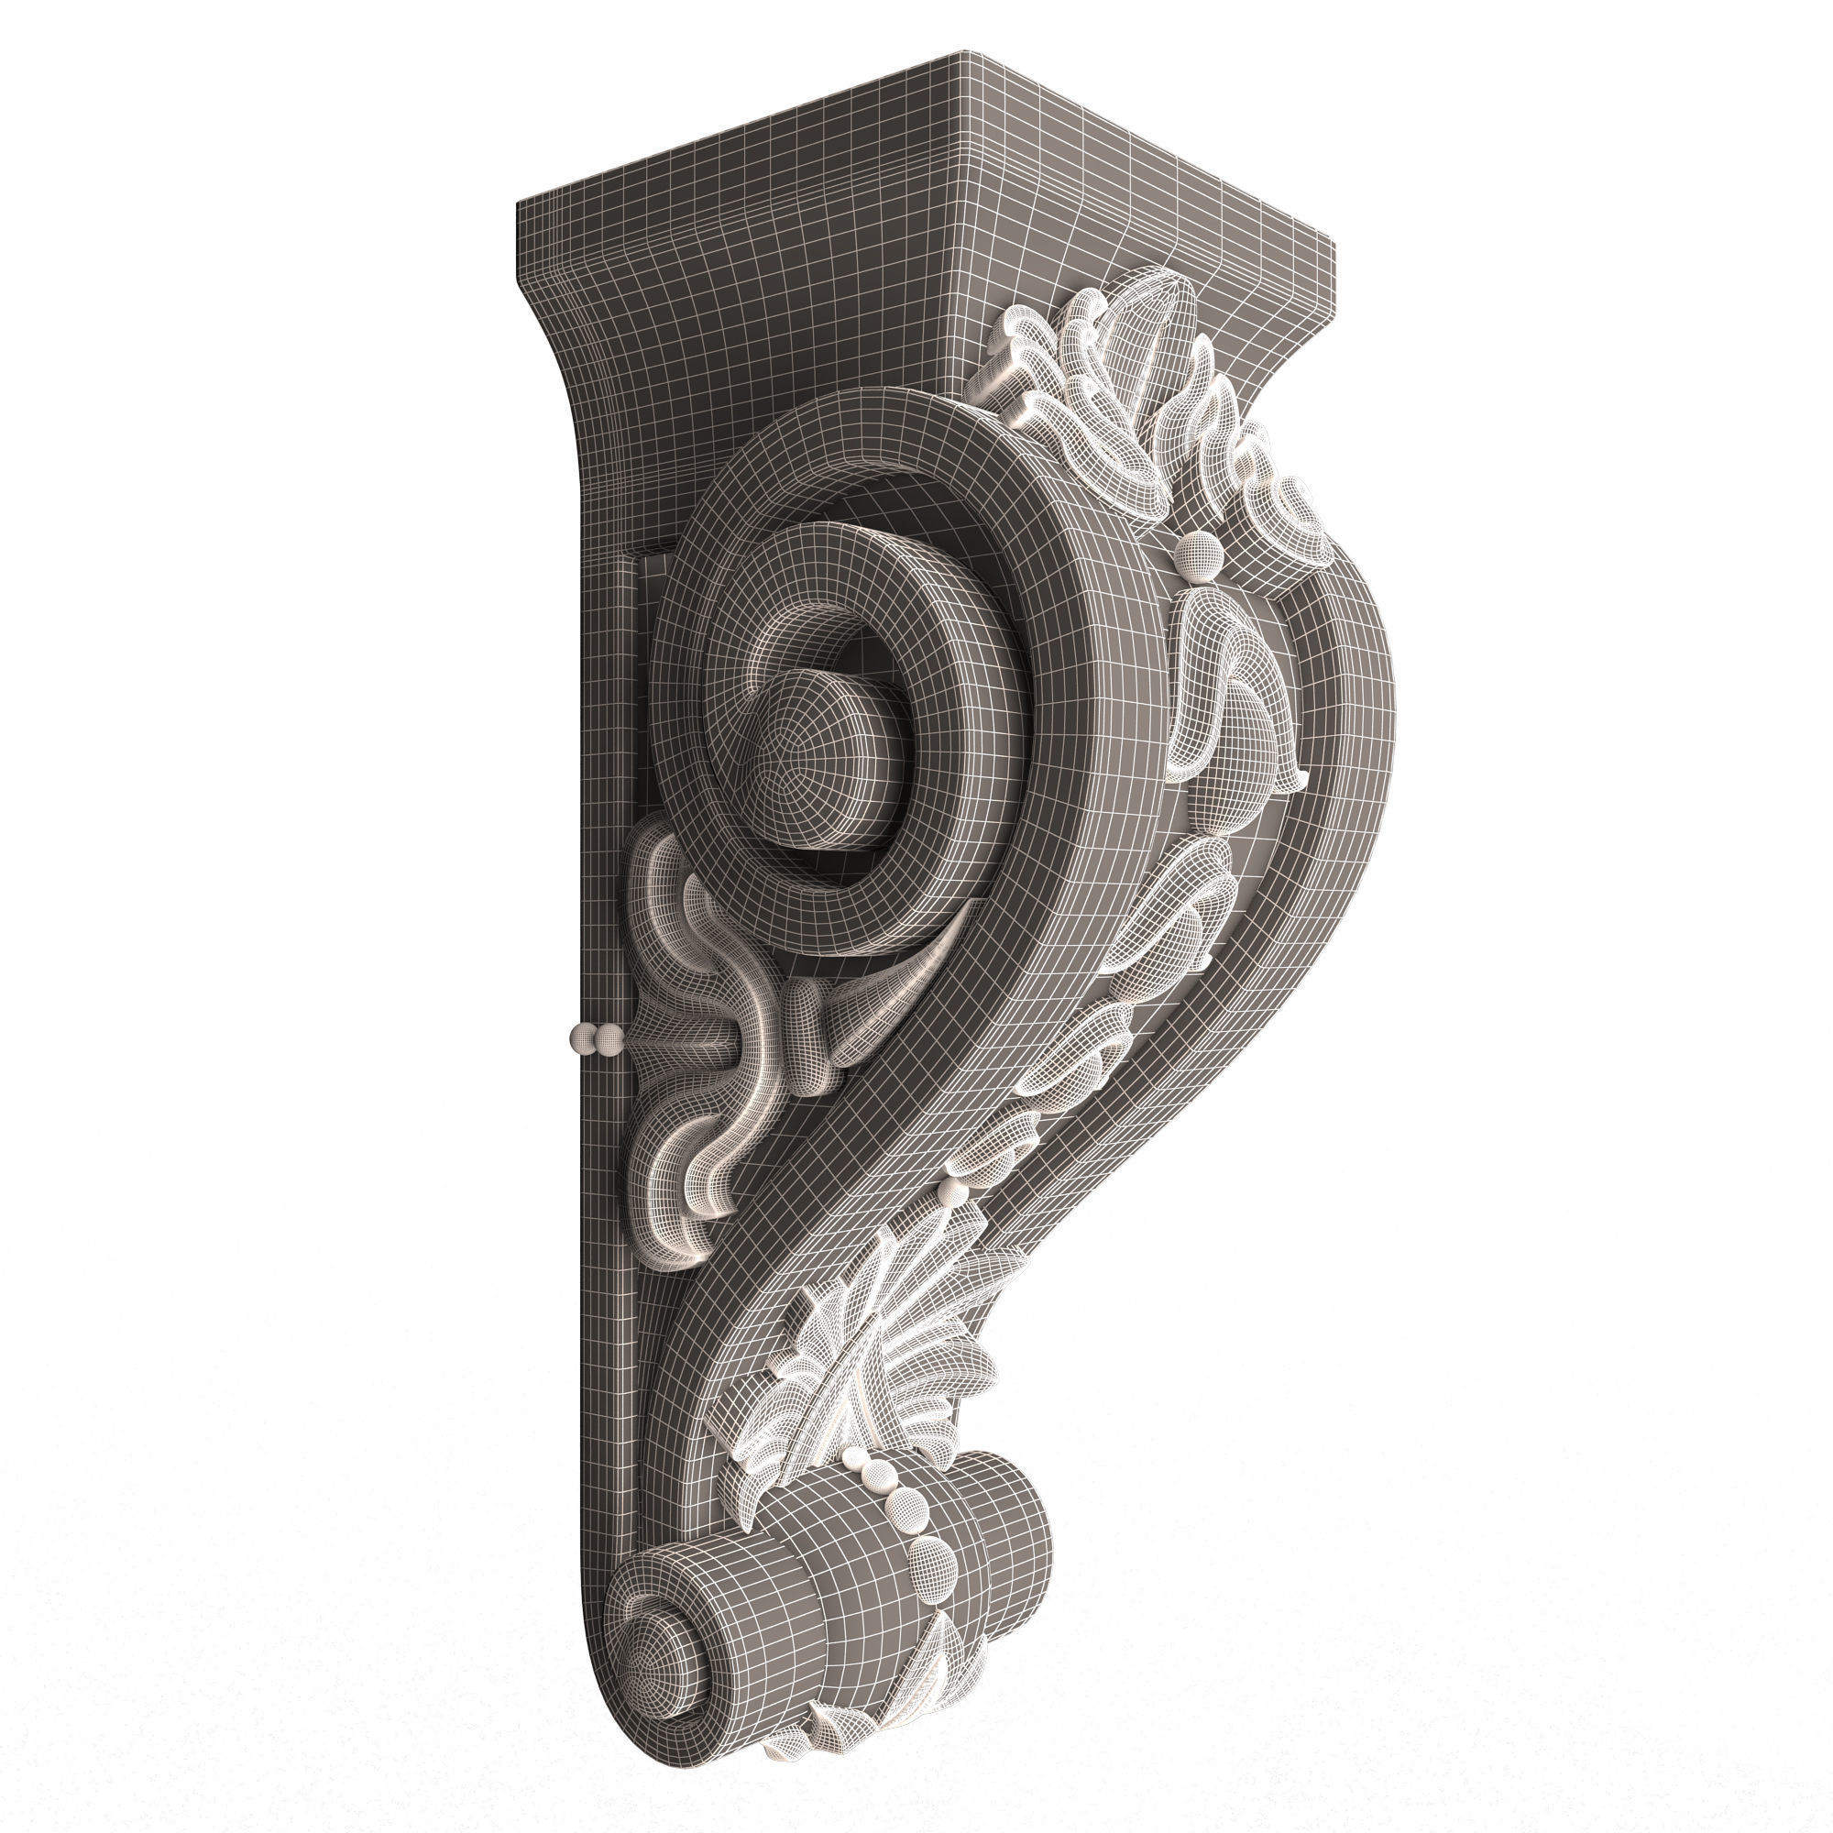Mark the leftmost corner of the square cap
pyautogui.click(x=517, y=201)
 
